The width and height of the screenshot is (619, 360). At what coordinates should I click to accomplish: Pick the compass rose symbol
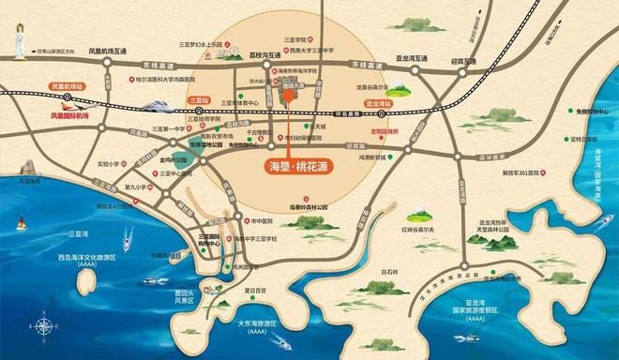tap(43, 324)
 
